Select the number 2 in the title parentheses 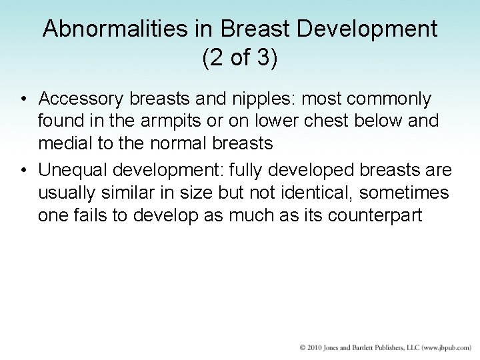pyautogui.click(x=213, y=58)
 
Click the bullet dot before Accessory pyautogui.click(x=23, y=99)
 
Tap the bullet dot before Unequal pyautogui.click(x=23, y=171)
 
